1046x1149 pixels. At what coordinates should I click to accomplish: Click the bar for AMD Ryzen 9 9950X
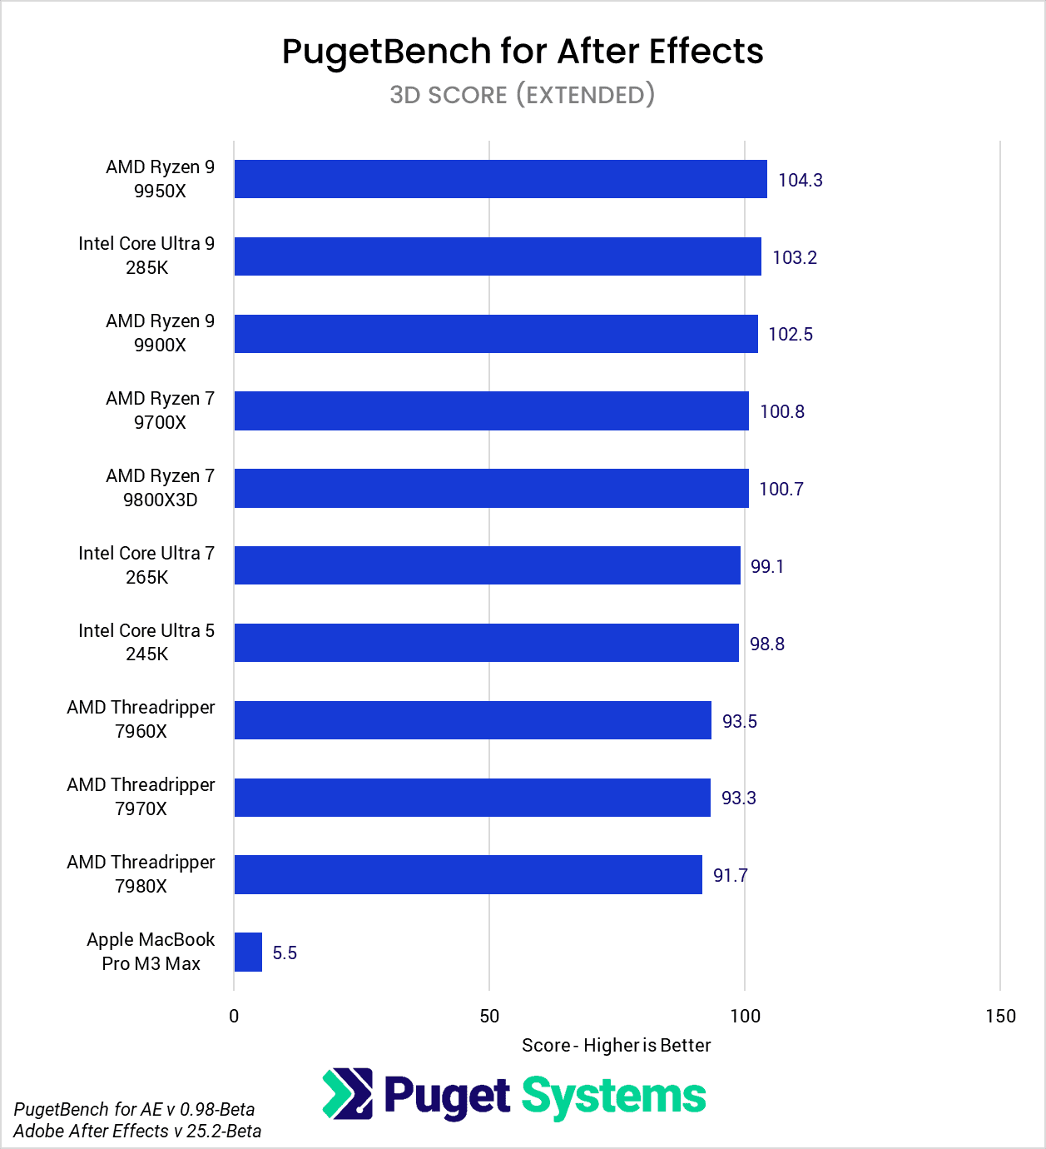(500, 179)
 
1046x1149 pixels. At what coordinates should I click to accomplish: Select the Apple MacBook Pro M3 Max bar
(248, 952)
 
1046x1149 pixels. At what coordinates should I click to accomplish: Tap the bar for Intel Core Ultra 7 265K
(487, 565)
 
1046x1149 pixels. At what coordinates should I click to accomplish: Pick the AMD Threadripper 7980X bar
(468, 874)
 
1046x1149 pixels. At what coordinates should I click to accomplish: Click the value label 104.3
(800, 180)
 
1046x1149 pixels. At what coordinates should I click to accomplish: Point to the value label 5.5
(285, 953)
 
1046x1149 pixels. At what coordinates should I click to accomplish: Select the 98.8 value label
(766, 644)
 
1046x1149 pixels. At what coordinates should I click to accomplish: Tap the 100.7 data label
(781, 489)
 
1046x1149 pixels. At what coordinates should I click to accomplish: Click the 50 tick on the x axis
(489, 1016)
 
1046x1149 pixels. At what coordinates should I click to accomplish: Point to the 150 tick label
(1000, 1016)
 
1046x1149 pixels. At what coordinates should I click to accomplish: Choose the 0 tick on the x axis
(234, 1016)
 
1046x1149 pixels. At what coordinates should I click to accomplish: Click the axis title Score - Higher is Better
(616, 1045)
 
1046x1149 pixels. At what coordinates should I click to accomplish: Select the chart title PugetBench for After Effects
(523, 52)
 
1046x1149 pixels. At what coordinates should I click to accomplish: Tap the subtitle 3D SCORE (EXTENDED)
(523, 95)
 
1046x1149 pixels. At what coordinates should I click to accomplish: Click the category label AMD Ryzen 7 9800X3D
(160, 488)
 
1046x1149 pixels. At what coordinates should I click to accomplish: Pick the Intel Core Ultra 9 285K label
(146, 256)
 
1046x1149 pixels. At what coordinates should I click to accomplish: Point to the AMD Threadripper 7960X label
(141, 719)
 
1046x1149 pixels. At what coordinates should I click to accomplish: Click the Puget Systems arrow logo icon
(348, 1093)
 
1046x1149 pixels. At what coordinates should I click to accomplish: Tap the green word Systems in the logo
(613, 1097)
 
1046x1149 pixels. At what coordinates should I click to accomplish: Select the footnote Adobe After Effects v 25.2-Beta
(137, 1131)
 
